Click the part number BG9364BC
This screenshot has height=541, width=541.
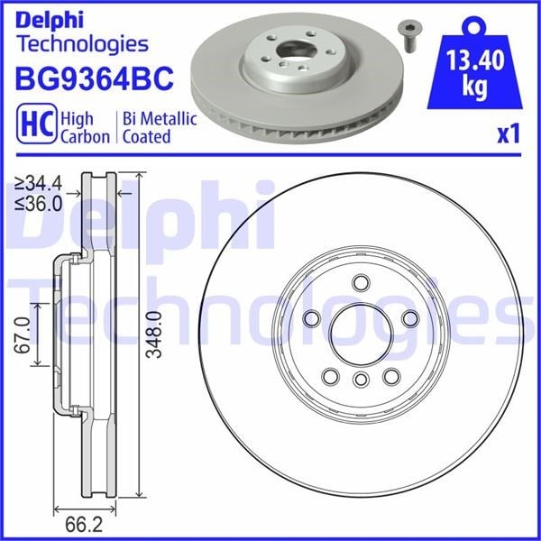tap(94, 78)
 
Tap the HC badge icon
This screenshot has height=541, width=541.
tap(37, 124)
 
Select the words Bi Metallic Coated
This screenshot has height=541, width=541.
tap(160, 127)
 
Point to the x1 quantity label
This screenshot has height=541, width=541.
tap(509, 133)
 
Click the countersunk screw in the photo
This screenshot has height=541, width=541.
tap(408, 36)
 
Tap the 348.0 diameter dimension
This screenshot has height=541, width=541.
tap(154, 335)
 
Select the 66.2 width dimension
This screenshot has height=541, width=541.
tap(84, 525)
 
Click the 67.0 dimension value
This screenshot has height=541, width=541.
tap(22, 335)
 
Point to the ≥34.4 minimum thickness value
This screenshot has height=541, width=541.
tap(39, 183)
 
